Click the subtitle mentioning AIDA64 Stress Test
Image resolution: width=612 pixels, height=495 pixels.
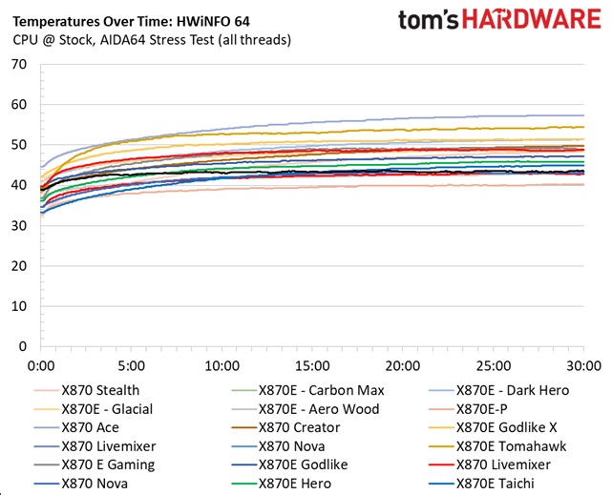click(154, 39)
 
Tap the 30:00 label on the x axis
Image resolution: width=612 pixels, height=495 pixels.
click(583, 365)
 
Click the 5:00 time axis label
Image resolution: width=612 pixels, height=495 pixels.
click(131, 365)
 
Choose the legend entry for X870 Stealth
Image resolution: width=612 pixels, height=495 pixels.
click(99, 389)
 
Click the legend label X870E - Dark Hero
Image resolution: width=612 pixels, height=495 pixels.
click(512, 389)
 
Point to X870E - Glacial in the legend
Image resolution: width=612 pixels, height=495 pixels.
click(107, 408)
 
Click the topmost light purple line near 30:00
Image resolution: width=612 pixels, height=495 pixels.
click(573, 115)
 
